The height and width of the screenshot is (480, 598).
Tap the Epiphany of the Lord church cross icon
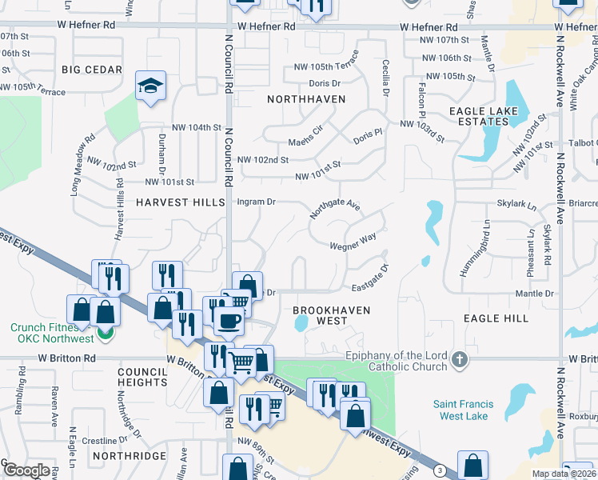pos(459,359)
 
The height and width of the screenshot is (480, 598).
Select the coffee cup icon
pos(228,321)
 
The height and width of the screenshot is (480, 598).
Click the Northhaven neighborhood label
pos(306,99)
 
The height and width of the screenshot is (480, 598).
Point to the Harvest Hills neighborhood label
pos(181,202)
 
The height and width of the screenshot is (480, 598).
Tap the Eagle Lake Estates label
pos(479,115)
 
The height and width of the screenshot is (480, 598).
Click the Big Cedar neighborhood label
pos(92,70)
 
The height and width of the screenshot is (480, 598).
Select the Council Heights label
pos(142,378)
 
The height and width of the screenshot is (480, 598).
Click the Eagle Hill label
pos(496,318)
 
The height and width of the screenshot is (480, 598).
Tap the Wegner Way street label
pos(353,241)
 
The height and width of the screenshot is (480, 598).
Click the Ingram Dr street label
pos(256,202)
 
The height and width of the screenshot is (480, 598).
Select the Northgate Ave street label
pos(335,208)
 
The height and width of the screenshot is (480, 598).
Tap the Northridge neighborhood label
pos(129,456)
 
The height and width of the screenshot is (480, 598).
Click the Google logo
pos(26,470)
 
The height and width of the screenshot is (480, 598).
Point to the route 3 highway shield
pos(441,470)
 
